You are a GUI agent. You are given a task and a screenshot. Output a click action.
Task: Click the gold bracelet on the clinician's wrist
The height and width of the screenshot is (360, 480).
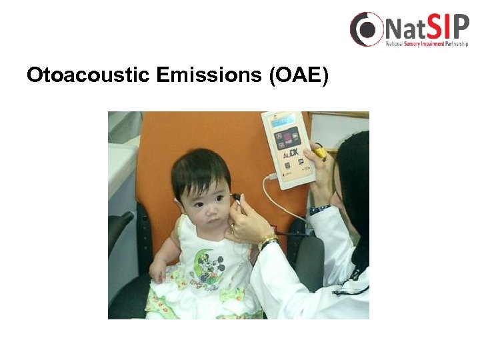[x=268, y=240]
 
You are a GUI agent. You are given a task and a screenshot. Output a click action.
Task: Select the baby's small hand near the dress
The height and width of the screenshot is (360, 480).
[x=158, y=270]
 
